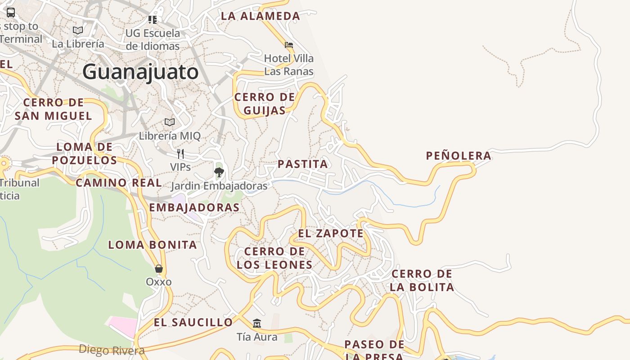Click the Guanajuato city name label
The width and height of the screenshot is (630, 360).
tap(140, 72)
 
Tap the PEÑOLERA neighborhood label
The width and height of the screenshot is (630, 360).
tap(459, 156)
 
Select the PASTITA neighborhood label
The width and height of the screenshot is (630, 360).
tap(303, 164)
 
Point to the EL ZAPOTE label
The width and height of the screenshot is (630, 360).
tap(331, 233)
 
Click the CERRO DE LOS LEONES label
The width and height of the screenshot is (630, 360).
tap(274, 258)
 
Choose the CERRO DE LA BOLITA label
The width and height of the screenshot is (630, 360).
tap(422, 280)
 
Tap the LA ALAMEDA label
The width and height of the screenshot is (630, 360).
tap(260, 16)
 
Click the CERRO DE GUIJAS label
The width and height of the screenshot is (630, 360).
tap(265, 103)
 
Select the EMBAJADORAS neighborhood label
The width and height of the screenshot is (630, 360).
tap(194, 207)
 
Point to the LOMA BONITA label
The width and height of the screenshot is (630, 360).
tap(153, 245)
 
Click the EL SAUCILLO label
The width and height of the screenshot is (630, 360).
tap(193, 322)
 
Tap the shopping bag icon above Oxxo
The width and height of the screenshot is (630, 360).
tap(158, 269)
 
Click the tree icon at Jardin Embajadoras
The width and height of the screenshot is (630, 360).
tap(219, 171)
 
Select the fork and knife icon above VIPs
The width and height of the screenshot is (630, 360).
tap(180, 154)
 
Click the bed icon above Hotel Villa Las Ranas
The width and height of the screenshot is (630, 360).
tap(289, 45)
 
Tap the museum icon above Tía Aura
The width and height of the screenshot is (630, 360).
tap(257, 323)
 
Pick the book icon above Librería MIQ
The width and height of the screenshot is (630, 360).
tap(170, 122)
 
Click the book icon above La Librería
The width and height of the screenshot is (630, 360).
tap(78, 30)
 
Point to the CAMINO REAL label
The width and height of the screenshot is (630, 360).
tap(118, 183)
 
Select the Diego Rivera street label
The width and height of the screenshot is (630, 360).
tap(112, 350)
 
